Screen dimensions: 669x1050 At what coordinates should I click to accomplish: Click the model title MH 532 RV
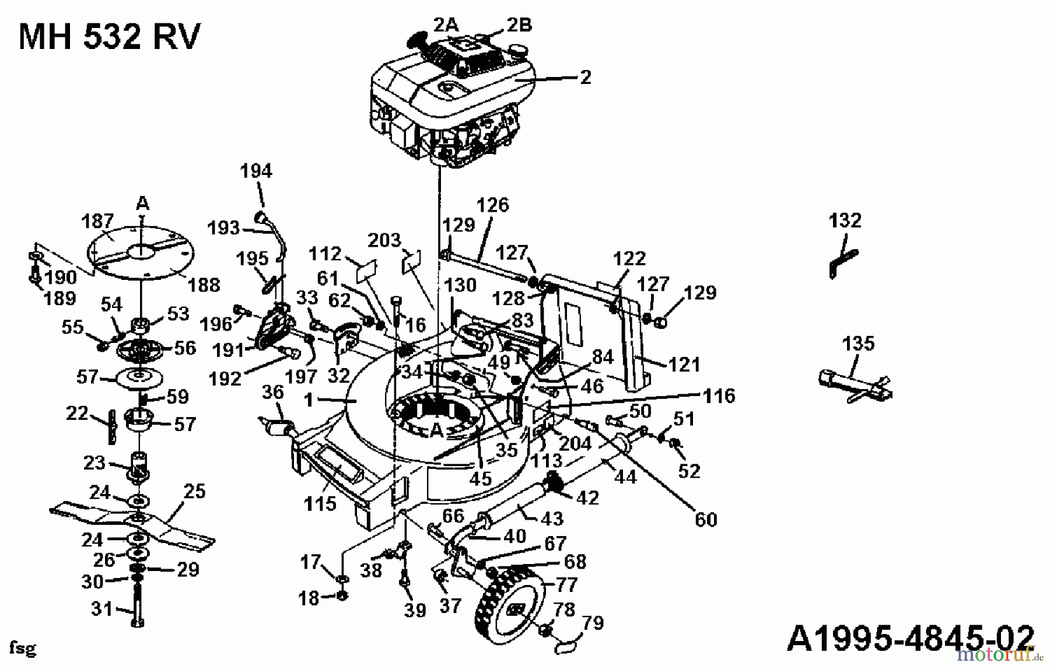[109, 37]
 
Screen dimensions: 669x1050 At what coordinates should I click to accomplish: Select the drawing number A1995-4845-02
[910, 638]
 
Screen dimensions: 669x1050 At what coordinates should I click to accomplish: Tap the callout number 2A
[446, 24]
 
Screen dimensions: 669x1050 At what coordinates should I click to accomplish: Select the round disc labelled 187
[140, 251]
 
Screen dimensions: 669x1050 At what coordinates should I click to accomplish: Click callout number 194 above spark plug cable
[256, 171]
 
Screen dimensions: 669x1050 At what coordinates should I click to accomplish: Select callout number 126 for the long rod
[492, 205]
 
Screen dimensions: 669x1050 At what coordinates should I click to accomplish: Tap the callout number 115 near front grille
[320, 503]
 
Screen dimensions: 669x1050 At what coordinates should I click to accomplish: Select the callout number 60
[705, 519]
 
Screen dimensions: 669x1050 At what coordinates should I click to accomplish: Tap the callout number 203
[384, 240]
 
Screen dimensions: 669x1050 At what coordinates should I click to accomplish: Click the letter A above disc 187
[142, 203]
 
